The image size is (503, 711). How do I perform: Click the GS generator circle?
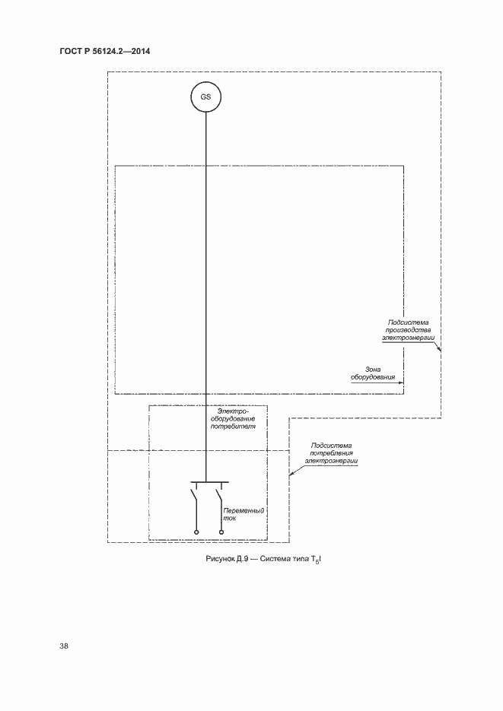[x=205, y=97]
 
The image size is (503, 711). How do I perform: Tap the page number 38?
[x=64, y=646]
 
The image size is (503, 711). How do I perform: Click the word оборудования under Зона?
[x=373, y=376]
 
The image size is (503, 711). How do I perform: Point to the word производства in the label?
[x=411, y=329]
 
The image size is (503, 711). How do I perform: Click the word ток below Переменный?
[x=230, y=519]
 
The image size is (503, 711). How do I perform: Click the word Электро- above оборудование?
[x=234, y=411]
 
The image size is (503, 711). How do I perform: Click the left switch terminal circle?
[x=196, y=532]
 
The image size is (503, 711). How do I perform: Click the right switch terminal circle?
[x=220, y=532]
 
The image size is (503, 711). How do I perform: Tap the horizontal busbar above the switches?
[x=208, y=482]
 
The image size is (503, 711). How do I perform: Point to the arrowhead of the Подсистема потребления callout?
[x=291, y=475]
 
